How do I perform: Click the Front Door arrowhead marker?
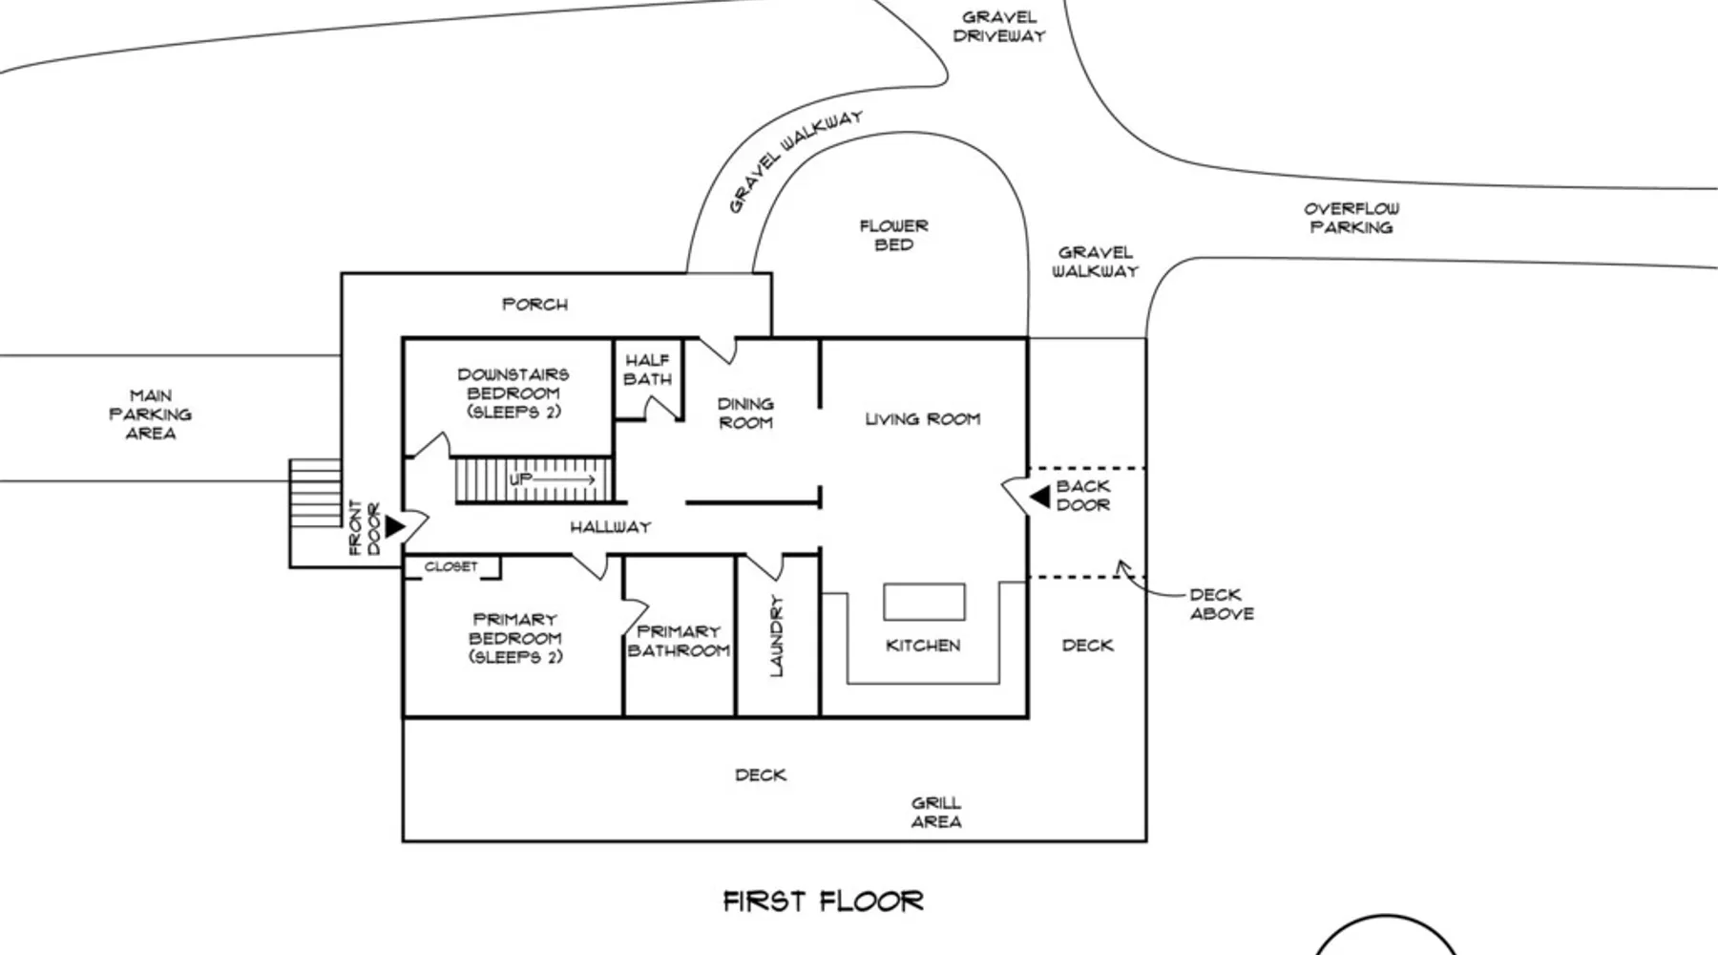click(x=394, y=526)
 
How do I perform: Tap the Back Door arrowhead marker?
click(x=1039, y=497)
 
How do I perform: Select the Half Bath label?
click(x=648, y=370)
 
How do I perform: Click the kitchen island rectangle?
click(x=924, y=603)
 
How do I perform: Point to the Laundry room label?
click(x=776, y=636)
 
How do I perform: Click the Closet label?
click(x=451, y=566)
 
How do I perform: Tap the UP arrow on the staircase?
click(x=553, y=478)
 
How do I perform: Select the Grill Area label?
click(x=936, y=813)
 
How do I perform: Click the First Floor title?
click(x=823, y=902)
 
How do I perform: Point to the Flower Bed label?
click(x=894, y=236)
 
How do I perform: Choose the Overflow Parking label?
click(x=1351, y=219)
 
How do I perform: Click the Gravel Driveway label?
click(x=999, y=27)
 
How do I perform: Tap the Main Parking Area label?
click(x=151, y=414)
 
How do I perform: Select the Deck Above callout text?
click(x=1222, y=605)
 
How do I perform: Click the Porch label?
click(x=535, y=305)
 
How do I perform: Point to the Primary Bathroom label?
click(x=679, y=641)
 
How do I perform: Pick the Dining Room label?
click(x=745, y=414)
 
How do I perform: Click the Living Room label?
click(x=923, y=419)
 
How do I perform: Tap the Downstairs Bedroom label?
click(x=513, y=393)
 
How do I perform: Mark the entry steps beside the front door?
click(x=316, y=493)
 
